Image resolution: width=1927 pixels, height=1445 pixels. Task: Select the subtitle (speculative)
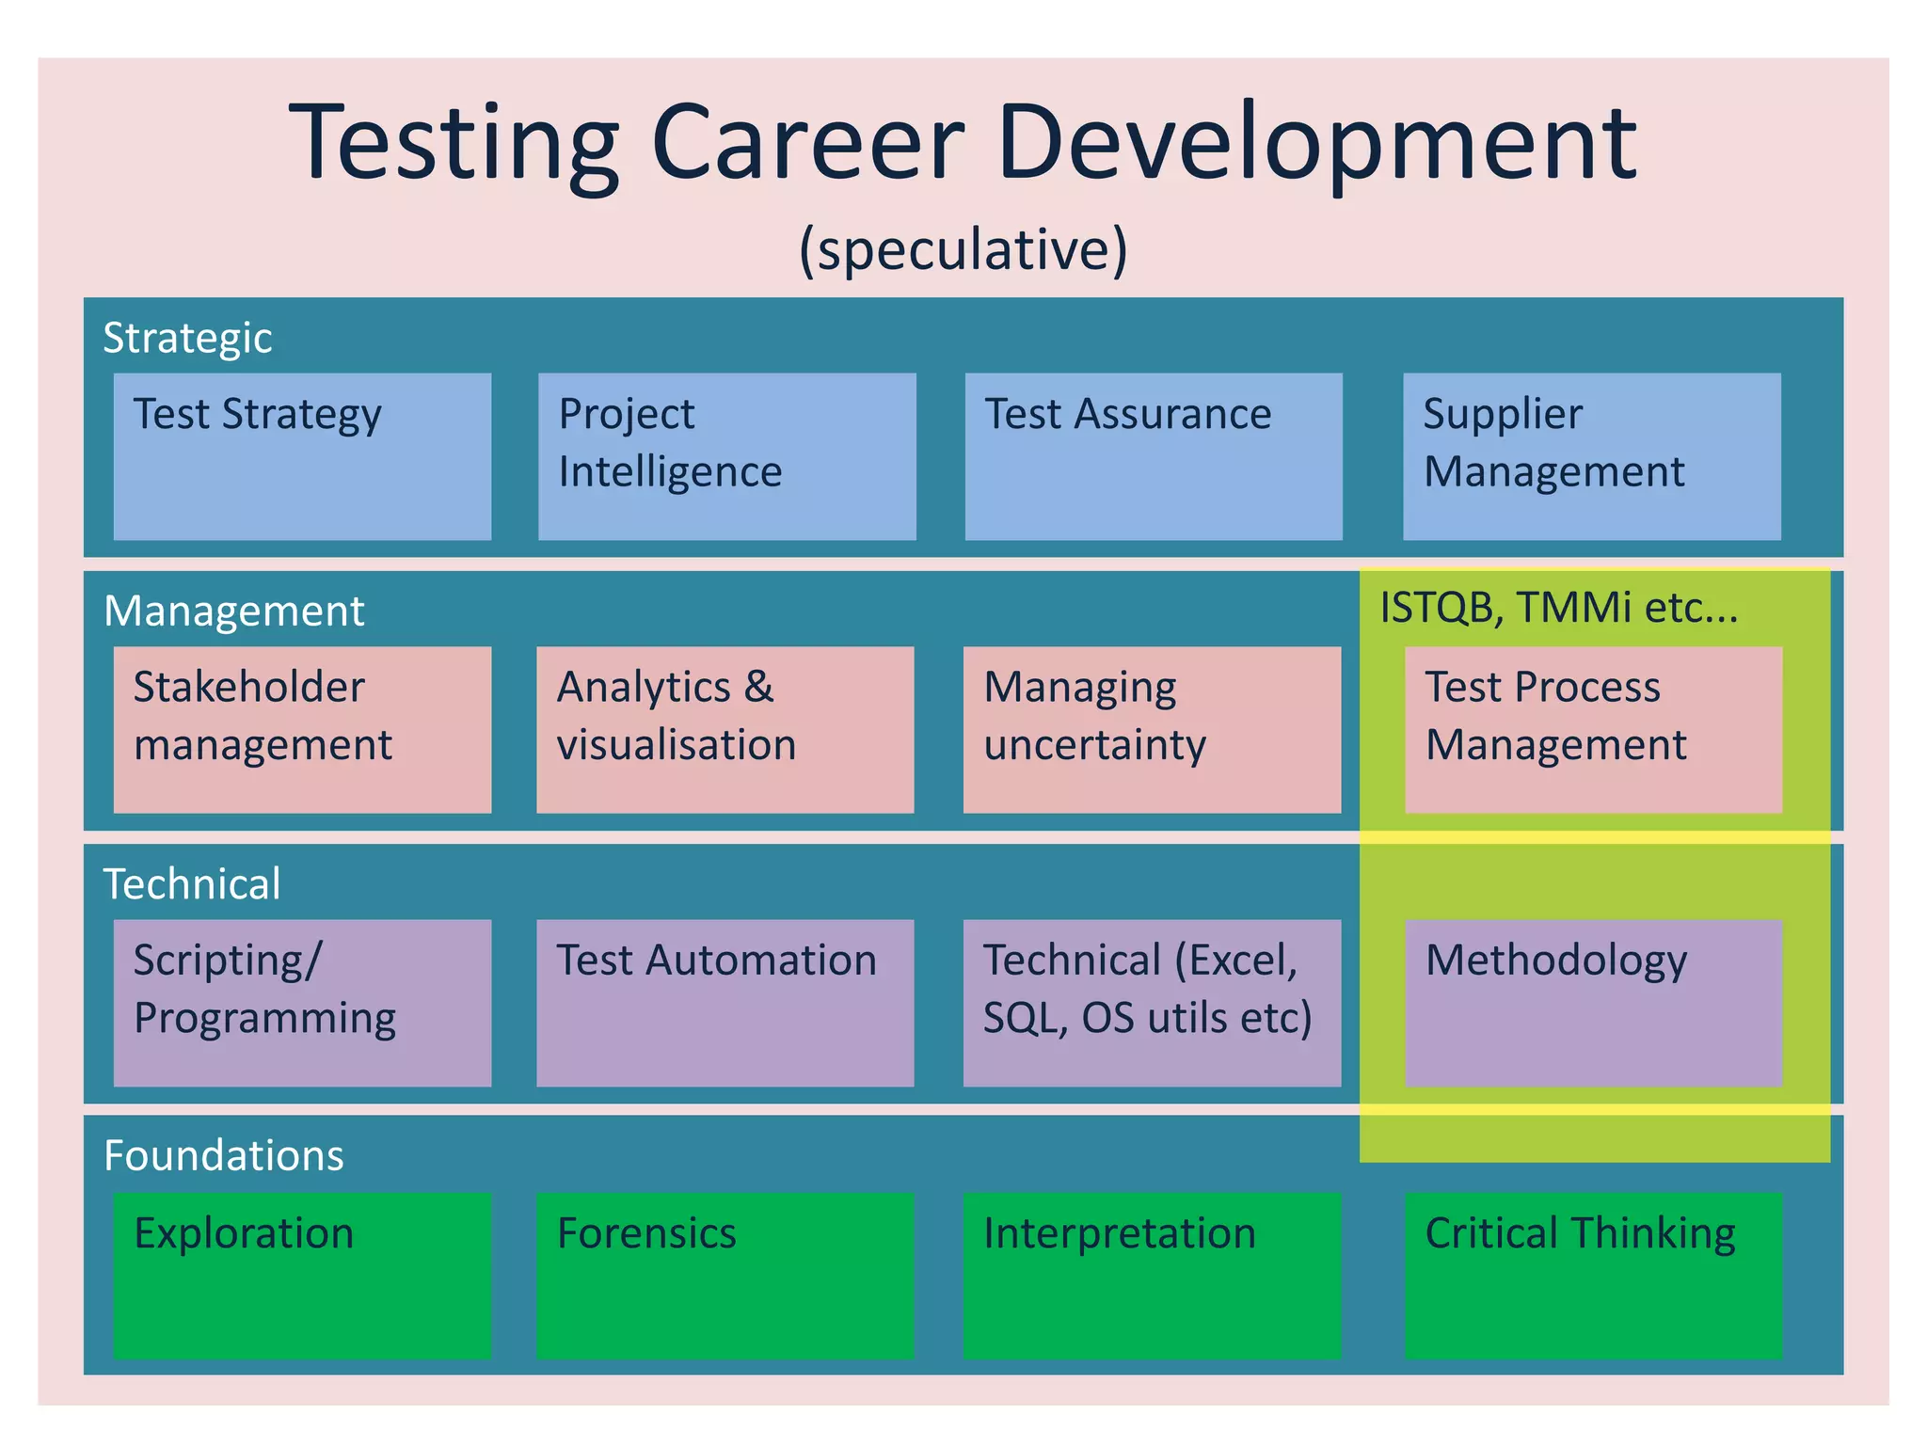(963, 250)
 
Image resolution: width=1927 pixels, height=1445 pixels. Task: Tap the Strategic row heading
(187, 338)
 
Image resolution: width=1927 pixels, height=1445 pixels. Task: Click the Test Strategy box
(302, 456)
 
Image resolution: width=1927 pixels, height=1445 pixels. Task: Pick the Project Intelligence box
(726, 456)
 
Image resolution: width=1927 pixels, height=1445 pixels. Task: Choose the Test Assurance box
(1153, 456)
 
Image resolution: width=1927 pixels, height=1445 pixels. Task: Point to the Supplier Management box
(1591, 456)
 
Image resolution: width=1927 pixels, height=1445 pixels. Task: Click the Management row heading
(233, 611)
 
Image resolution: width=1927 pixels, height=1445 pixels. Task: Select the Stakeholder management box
(302, 729)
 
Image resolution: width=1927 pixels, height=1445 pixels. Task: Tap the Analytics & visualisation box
(725, 729)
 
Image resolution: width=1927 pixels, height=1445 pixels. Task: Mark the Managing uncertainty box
(1152, 729)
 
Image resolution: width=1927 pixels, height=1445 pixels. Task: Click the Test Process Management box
(1593, 729)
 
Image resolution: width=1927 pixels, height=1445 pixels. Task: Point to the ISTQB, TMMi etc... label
(1558, 608)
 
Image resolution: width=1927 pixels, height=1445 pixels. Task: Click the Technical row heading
(192, 884)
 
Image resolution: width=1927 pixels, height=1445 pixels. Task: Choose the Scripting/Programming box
(302, 1003)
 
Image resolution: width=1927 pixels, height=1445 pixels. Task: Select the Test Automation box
(725, 1003)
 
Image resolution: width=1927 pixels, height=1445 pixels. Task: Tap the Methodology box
(1593, 1003)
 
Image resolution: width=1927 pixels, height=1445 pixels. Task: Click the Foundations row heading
(224, 1155)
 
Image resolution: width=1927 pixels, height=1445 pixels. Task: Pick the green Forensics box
(725, 1276)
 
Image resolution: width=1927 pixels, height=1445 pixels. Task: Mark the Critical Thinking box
(1593, 1276)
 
